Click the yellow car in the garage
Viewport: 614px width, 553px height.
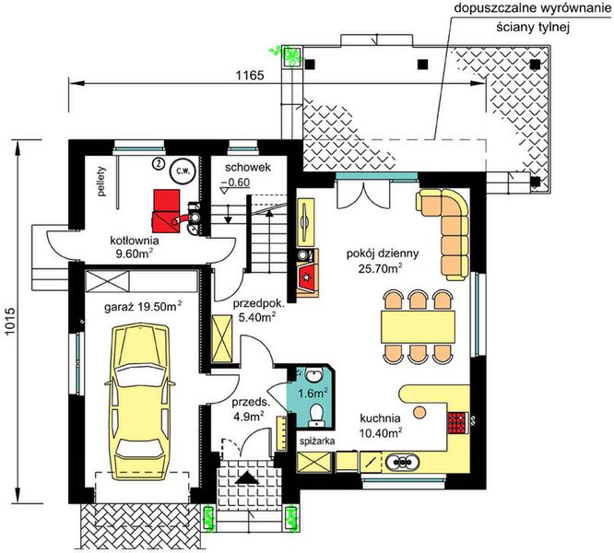(140, 396)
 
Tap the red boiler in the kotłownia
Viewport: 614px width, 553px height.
(167, 208)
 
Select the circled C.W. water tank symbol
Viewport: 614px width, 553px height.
(181, 171)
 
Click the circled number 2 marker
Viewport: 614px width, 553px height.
(158, 163)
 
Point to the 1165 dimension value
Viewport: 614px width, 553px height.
(250, 76)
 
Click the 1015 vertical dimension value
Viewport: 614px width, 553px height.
(10, 321)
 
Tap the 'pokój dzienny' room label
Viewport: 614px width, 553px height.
(383, 253)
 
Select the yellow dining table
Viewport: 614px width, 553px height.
(418, 326)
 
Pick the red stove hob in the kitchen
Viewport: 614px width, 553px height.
(457, 423)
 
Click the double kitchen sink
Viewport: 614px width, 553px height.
(402, 462)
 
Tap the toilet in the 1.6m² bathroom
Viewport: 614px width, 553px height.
(315, 416)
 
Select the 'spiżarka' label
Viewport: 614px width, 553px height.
(317, 441)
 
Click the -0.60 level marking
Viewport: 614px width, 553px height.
(235, 182)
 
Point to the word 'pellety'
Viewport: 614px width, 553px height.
(102, 182)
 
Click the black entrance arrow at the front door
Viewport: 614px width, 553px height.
(247, 478)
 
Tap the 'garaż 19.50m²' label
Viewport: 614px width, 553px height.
(143, 306)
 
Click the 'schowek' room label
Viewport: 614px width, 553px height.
(247, 168)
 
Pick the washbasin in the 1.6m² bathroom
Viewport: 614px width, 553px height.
(313, 376)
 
